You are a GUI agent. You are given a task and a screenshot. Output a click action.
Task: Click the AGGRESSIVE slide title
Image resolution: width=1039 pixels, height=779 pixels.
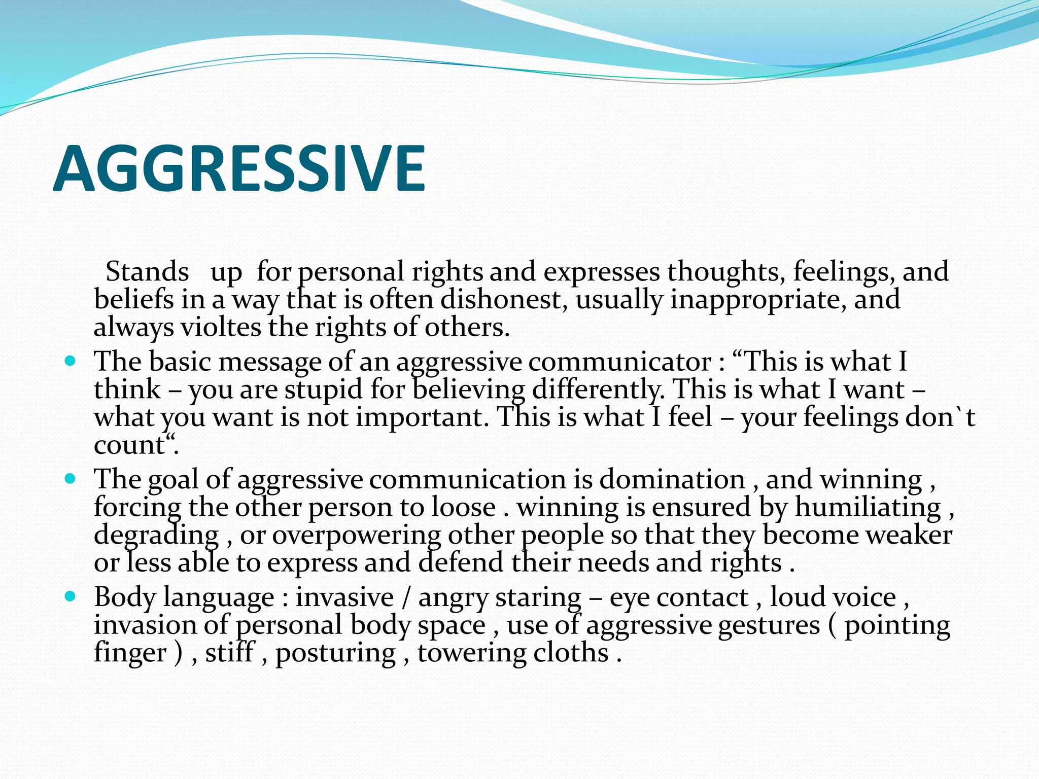click(x=238, y=169)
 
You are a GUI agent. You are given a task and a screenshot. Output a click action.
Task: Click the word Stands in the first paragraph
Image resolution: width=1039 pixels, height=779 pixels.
click(x=147, y=272)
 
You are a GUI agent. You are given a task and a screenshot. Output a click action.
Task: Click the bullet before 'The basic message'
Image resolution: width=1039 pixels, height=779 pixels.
click(x=71, y=362)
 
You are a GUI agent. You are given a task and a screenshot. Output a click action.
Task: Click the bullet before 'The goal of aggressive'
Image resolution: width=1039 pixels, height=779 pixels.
click(x=71, y=479)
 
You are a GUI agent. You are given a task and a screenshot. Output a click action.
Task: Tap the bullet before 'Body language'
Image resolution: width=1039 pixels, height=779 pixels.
click(x=71, y=596)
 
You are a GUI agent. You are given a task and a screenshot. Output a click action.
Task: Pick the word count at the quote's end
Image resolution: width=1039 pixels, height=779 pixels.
click(x=129, y=445)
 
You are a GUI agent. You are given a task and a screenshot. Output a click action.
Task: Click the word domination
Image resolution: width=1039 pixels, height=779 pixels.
click(x=672, y=479)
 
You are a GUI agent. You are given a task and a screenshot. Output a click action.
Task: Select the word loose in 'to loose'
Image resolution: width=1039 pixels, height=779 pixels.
click(x=463, y=507)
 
